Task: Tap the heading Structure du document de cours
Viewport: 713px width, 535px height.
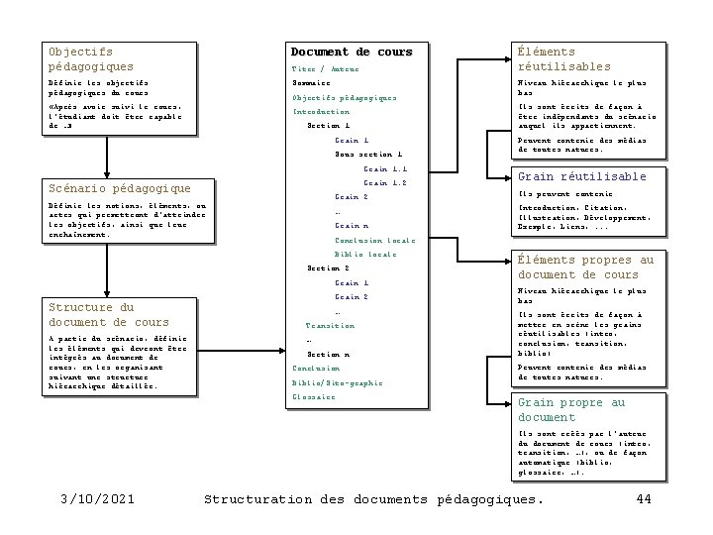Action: coord(109,314)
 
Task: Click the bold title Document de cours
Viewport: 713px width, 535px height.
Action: coord(352,52)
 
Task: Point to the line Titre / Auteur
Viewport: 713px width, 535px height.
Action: coord(326,68)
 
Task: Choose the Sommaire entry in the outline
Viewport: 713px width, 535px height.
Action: coord(315,83)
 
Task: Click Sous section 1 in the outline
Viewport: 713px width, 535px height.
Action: coord(368,155)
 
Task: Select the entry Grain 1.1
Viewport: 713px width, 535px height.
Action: coord(385,169)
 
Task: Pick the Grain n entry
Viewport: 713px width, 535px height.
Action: coord(352,226)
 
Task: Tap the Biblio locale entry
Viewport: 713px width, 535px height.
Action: coord(365,255)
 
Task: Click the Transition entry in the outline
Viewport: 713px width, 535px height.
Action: coord(330,325)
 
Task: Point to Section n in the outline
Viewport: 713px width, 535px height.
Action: coord(329,354)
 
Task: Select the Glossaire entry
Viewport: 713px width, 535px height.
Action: coord(314,397)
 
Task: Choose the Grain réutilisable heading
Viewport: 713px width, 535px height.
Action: coord(582,176)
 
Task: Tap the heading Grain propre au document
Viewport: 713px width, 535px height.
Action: coord(571,410)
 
